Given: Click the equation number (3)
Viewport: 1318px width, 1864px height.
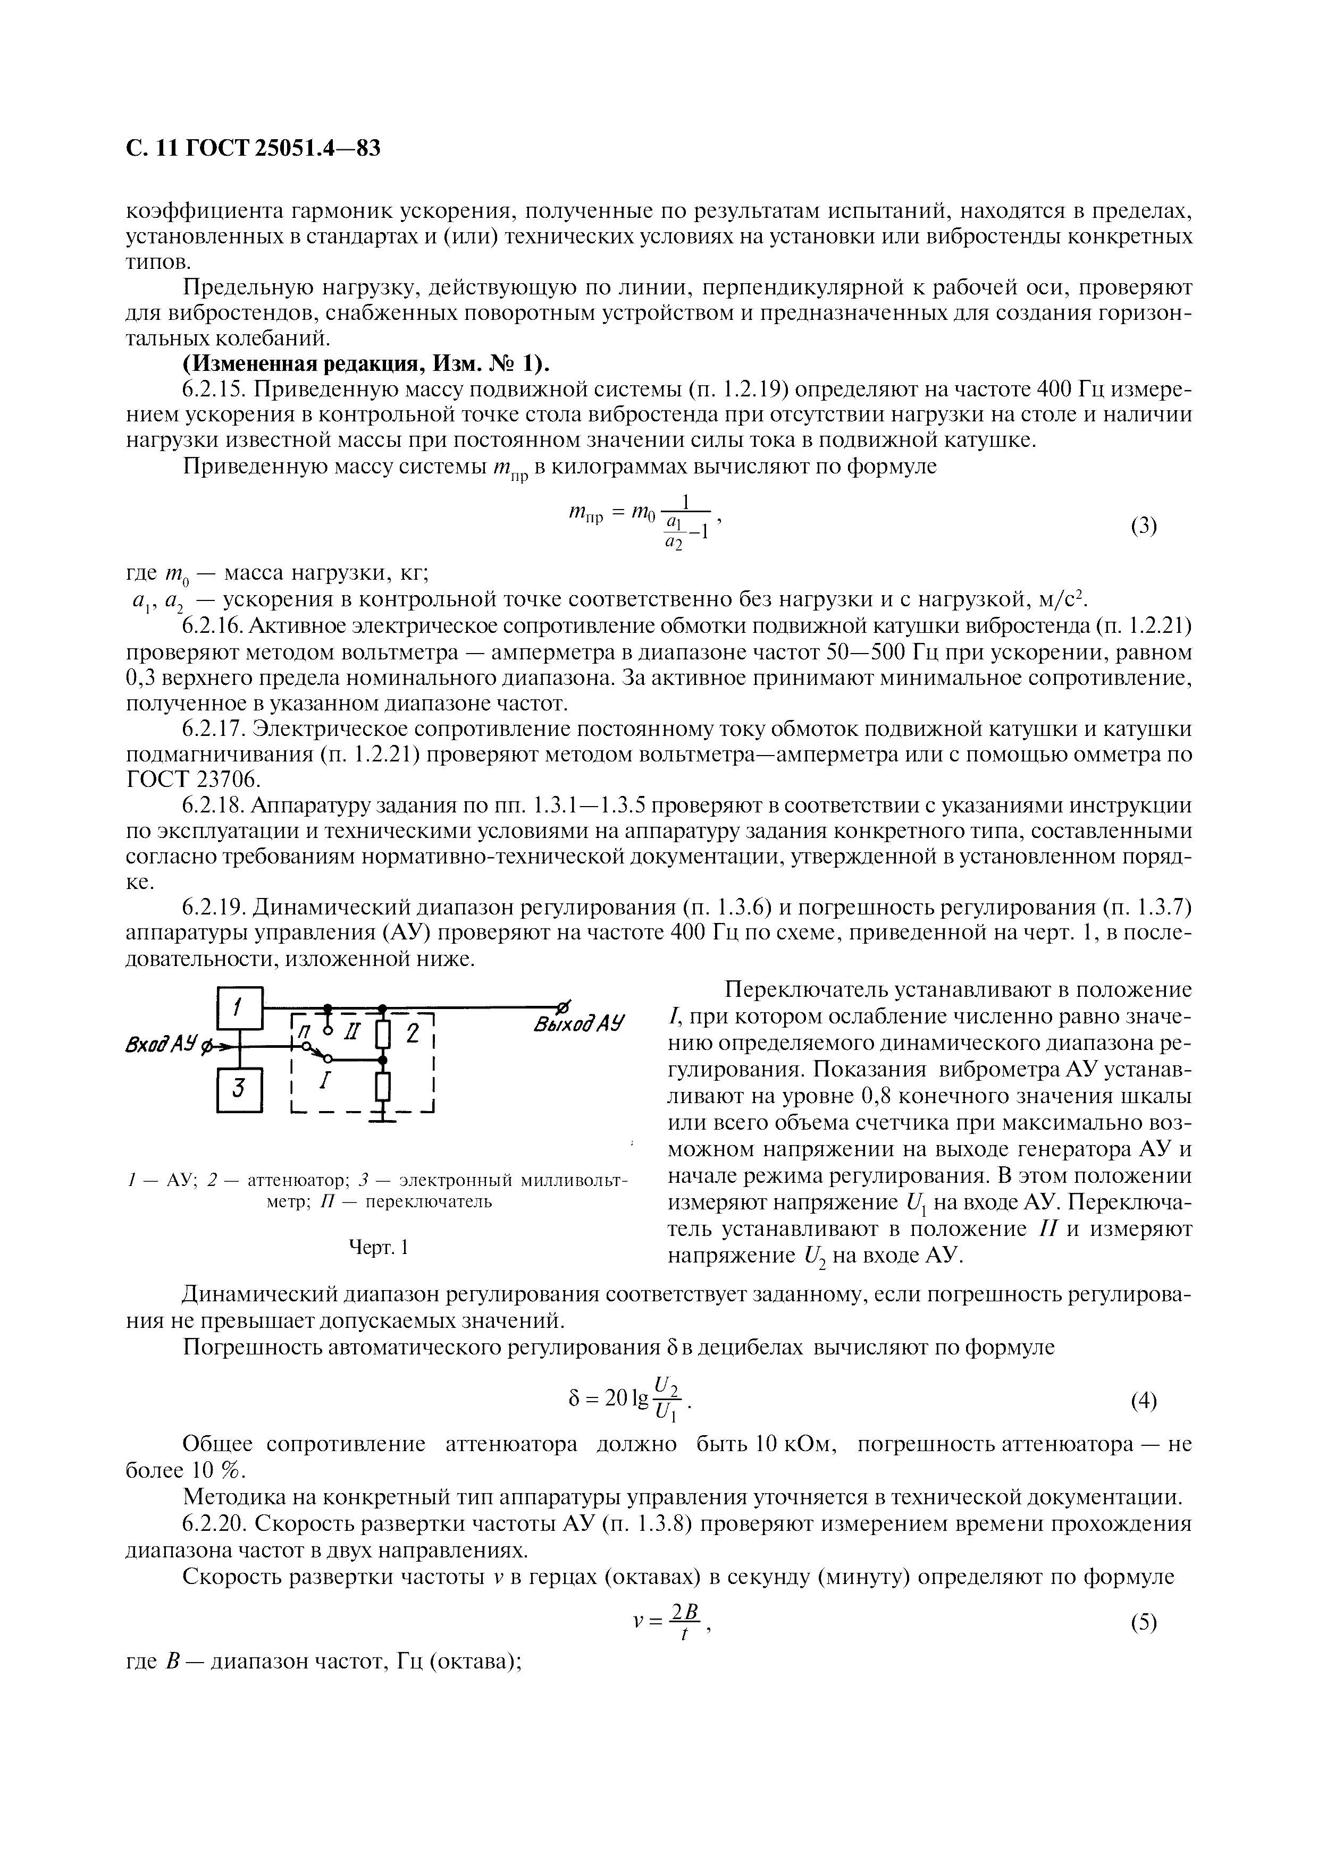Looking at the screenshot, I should click(1144, 526).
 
